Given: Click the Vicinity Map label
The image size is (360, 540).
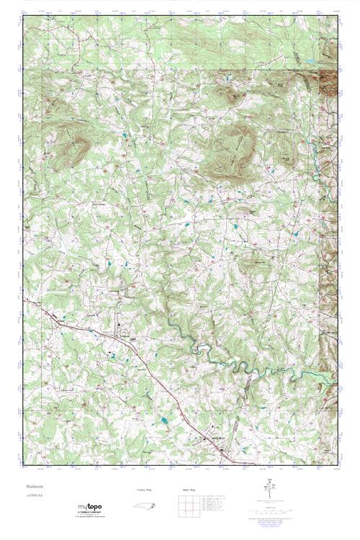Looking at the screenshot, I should pyautogui.click(x=145, y=490).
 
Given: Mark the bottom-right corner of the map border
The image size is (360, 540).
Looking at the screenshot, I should pyautogui.click(x=338, y=464).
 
